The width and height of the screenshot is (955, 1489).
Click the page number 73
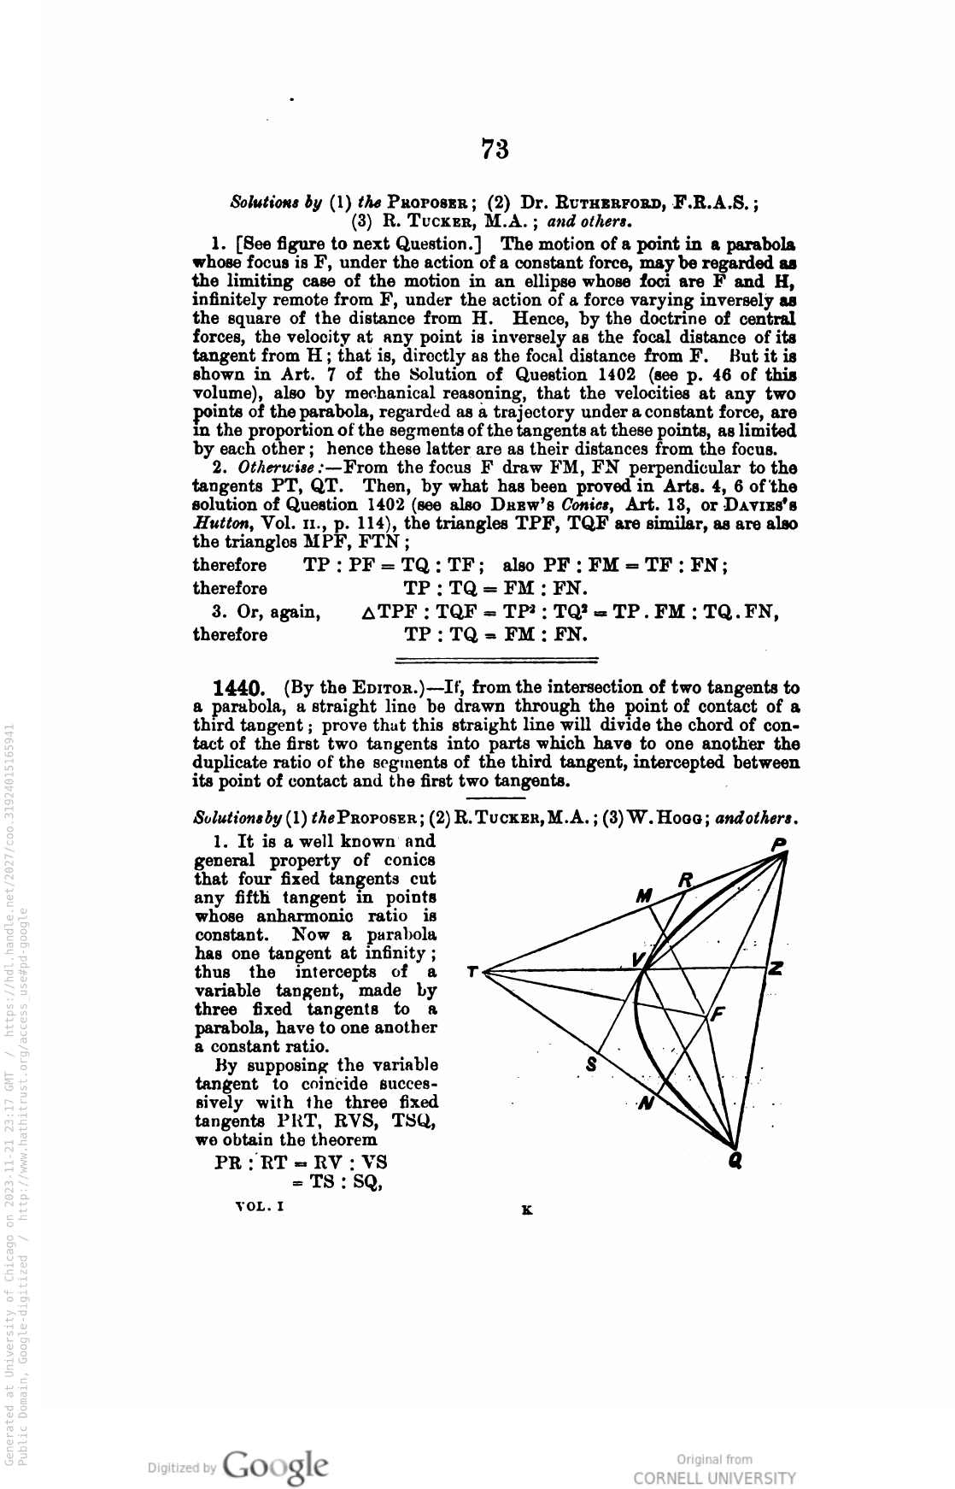(495, 150)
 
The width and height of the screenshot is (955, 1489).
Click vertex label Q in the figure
(735, 1161)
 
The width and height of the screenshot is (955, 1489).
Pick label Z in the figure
(776, 969)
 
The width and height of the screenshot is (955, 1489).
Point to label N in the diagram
(647, 1103)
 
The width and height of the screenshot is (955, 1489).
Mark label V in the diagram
(638, 959)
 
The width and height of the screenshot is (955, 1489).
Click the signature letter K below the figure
(527, 1209)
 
